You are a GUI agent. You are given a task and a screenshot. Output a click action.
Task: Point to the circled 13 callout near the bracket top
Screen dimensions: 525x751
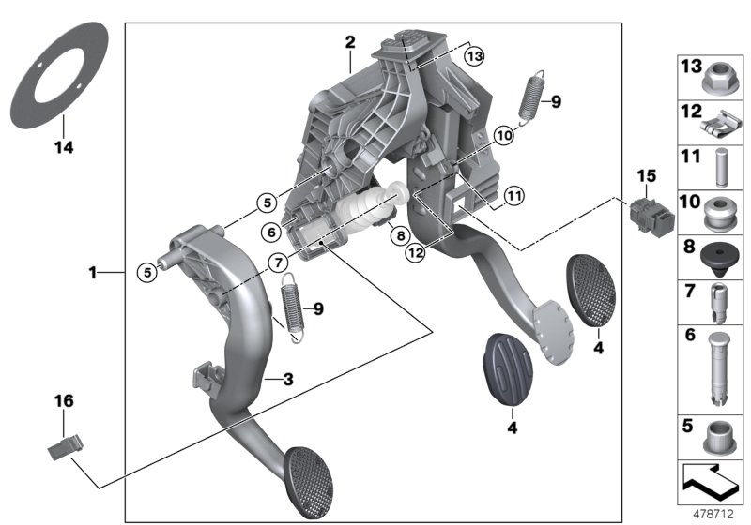(x=474, y=57)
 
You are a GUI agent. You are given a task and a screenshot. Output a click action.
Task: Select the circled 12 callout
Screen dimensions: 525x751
(x=416, y=251)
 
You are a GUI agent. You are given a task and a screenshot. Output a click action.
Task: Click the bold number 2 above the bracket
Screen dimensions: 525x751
(x=349, y=42)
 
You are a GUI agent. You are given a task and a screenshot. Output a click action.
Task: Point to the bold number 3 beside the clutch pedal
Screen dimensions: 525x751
(x=289, y=379)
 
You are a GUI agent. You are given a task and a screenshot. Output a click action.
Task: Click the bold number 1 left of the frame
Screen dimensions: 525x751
(x=92, y=273)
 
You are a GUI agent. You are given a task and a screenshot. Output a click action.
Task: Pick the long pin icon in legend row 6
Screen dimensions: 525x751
(x=719, y=368)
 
